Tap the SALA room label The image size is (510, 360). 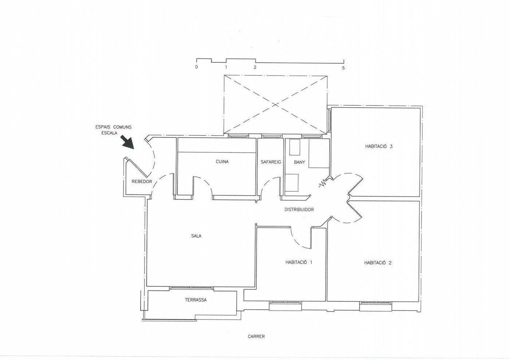click(x=196, y=236)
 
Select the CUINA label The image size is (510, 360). click(x=222, y=162)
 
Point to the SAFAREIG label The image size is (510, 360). click(x=271, y=162)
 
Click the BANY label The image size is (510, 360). click(x=299, y=162)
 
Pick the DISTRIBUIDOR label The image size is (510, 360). click(x=299, y=210)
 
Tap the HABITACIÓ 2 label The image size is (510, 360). click(x=378, y=263)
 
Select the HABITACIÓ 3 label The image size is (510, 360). click(x=379, y=146)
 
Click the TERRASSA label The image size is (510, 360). click(x=196, y=300)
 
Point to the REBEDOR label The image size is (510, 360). click(x=142, y=182)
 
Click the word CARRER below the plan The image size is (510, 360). click(x=256, y=336)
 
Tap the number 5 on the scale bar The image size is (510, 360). click(x=343, y=68)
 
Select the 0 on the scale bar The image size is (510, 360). click(x=196, y=67)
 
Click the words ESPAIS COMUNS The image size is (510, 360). click(x=113, y=127)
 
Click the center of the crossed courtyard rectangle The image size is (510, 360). click(x=275, y=104)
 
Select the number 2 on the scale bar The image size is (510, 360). click(x=255, y=67)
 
